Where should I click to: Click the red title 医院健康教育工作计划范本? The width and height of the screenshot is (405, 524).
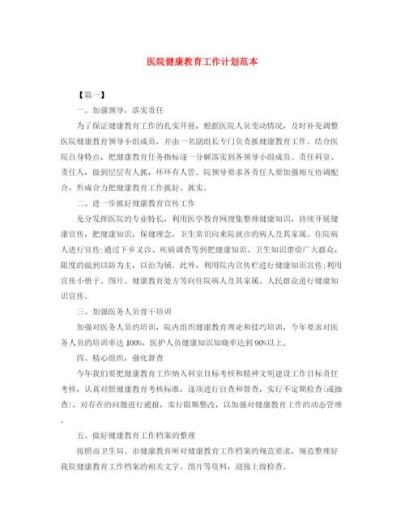coord(202,61)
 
